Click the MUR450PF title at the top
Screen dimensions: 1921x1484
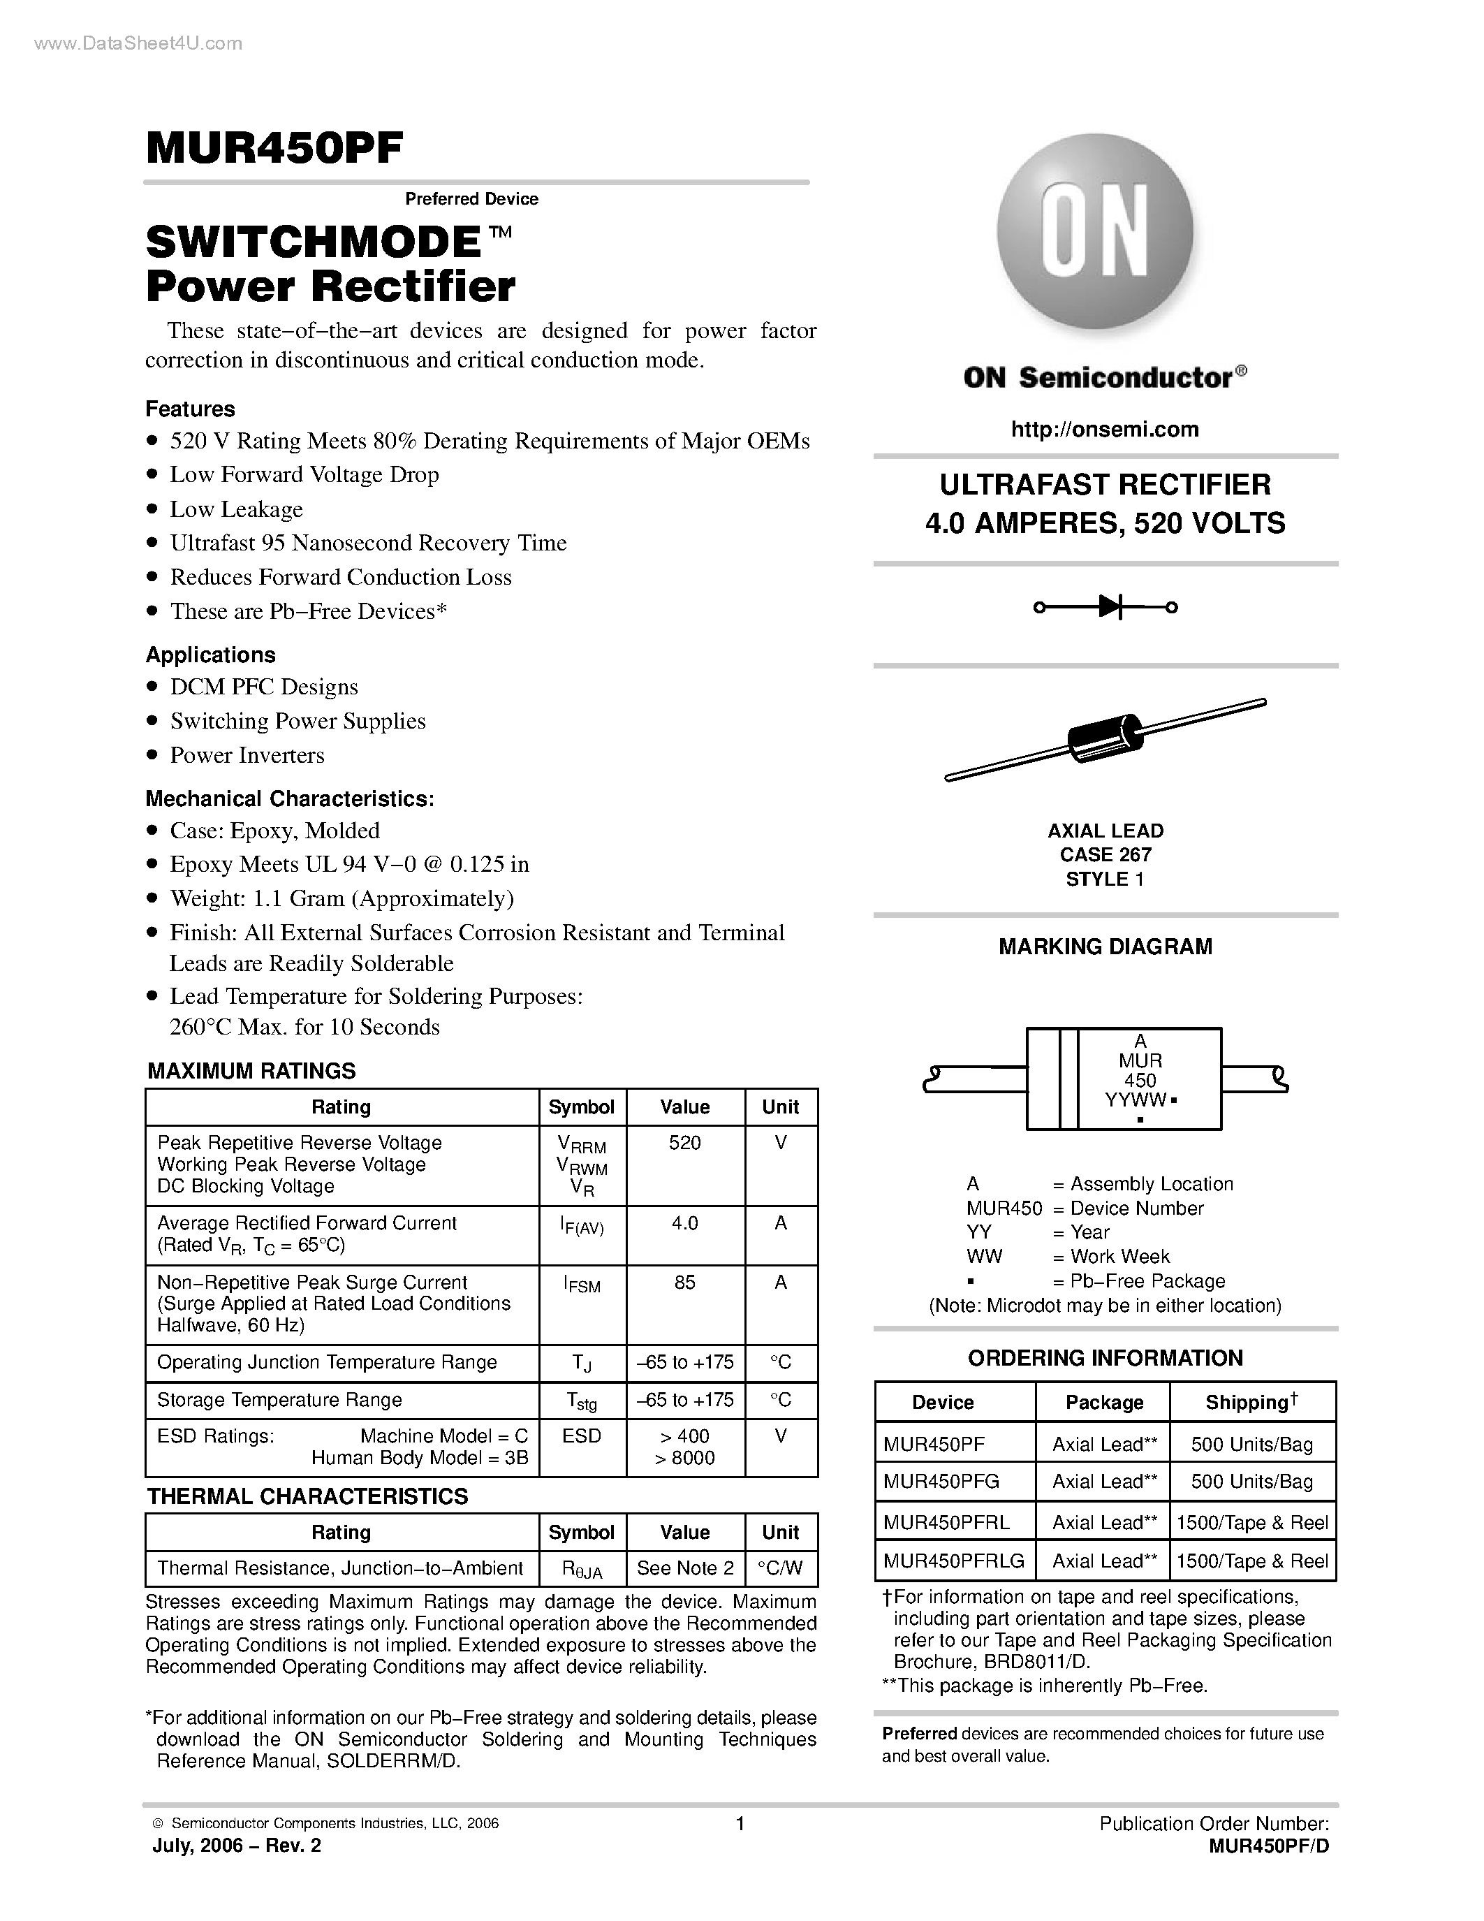pyautogui.click(x=274, y=148)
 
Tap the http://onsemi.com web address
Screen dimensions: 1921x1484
pyautogui.click(x=1104, y=429)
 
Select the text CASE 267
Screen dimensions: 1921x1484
pyautogui.click(x=1105, y=854)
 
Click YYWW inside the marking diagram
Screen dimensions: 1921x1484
pyautogui.click(x=1135, y=1100)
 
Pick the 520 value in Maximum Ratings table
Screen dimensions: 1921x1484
pyautogui.click(x=685, y=1143)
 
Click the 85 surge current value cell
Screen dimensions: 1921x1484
pyautogui.click(x=685, y=1283)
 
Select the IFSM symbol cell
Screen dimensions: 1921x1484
pyautogui.click(x=581, y=1285)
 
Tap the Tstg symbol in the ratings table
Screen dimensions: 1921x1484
pyautogui.click(x=581, y=1401)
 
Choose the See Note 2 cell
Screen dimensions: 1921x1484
pyautogui.click(x=685, y=1568)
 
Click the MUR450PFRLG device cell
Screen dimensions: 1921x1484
pyautogui.click(x=954, y=1561)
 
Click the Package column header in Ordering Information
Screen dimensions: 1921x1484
pyautogui.click(x=1104, y=1402)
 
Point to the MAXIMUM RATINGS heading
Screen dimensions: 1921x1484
pyautogui.click(x=251, y=1070)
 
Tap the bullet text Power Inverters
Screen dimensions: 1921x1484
pyautogui.click(x=247, y=754)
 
